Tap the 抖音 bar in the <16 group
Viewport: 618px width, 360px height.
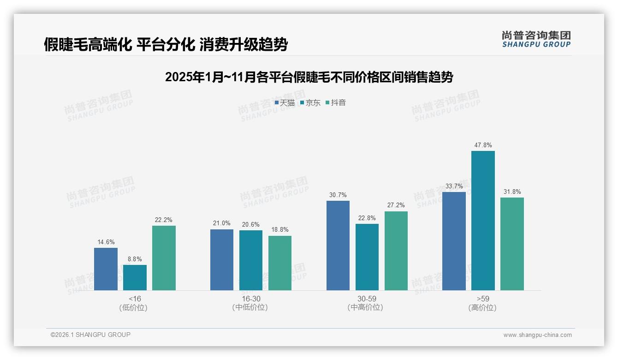click(x=164, y=258)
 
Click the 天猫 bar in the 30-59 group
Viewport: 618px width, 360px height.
click(x=338, y=246)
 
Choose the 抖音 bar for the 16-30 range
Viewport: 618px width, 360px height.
click(x=280, y=263)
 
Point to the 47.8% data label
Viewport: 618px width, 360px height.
click(x=483, y=145)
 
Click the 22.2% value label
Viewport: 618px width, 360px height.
click(x=164, y=220)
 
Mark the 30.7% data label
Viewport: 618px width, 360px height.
click(x=338, y=195)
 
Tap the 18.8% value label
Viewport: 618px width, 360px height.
click(x=280, y=230)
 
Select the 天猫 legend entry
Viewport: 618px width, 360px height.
click(x=285, y=103)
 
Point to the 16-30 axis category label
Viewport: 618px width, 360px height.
click(x=250, y=299)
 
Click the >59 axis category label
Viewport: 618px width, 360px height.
click(x=483, y=299)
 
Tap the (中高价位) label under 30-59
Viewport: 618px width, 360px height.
click(x=367, y=308)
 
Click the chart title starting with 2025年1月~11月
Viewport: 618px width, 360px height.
click(x=309, y=77)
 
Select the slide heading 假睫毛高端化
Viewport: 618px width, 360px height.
click(x=166, y=44)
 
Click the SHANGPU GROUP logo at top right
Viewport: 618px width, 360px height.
click(x=536, y=39)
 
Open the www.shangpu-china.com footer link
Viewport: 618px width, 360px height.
click(x=537, y=335)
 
